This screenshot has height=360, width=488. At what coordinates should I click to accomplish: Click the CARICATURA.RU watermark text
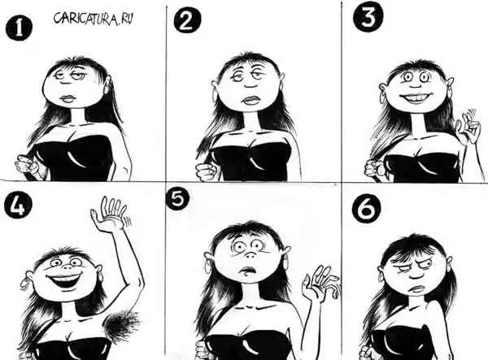point(94,19)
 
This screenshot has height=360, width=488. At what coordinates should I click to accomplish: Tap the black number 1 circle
point(19,28)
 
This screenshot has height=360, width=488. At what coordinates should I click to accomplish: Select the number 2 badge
point(187,20)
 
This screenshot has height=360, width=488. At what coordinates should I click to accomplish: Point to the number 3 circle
point(368,17)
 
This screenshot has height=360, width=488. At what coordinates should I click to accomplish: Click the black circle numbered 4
point(18,205)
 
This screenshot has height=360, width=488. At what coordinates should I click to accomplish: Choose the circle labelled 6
point(368,209)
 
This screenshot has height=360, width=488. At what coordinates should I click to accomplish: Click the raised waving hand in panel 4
point(111,214)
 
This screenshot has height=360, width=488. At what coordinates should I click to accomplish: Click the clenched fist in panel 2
point(207,171)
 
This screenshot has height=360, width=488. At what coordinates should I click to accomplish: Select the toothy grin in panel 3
point(409,98)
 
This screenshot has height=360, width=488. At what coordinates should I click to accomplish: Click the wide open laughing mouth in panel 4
point(65,280)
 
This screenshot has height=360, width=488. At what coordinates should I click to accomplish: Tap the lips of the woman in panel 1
point(68,99)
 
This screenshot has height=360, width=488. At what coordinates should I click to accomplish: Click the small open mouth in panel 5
point(247,271)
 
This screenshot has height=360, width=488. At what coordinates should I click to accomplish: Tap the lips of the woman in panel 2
point(251,99)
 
